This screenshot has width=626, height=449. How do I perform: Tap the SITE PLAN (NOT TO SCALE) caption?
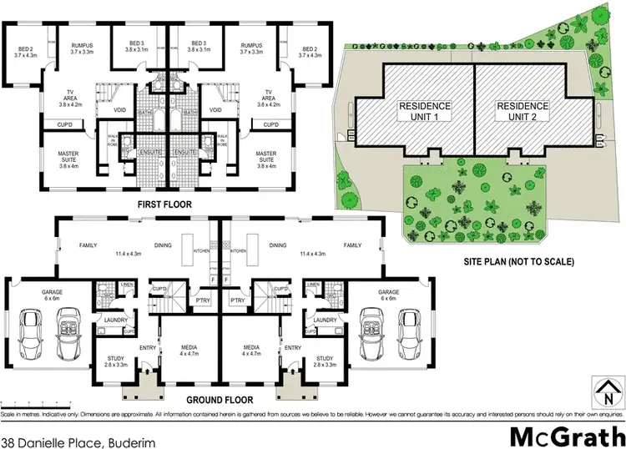coord(519,262)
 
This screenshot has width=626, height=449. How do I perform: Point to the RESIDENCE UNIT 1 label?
coord(424,112)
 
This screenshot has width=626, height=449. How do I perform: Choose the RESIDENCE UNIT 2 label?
coord(523,112)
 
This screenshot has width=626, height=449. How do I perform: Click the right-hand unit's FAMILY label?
coord(352,246)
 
